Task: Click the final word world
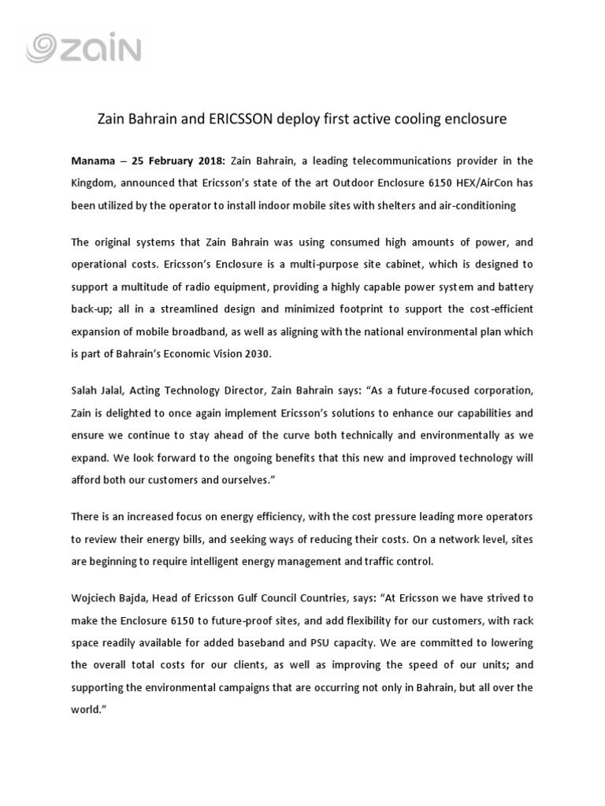pyautogui.click(x=88, y=708)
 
